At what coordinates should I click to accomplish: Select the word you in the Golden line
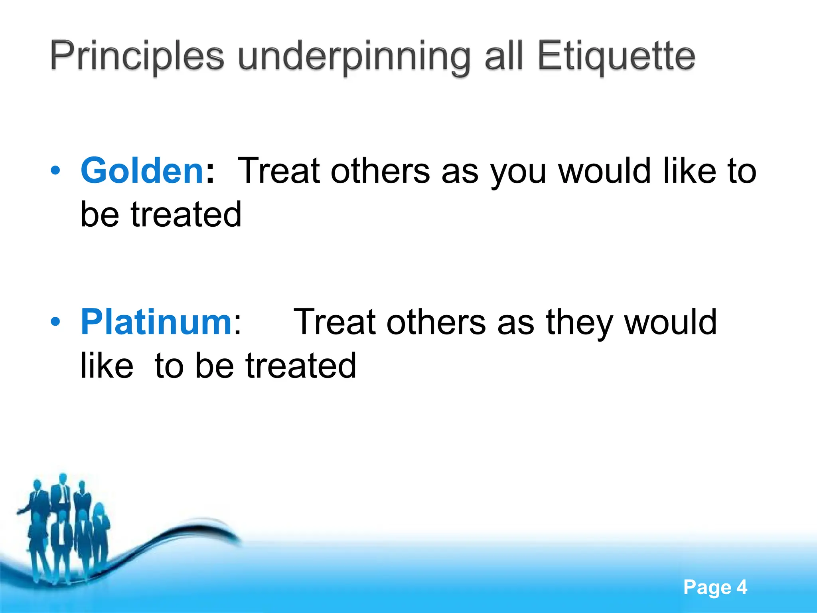pos(518,172)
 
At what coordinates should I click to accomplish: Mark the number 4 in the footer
pos(742,587)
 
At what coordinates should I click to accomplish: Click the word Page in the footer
pos(707,588)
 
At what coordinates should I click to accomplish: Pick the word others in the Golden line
pos(380,171)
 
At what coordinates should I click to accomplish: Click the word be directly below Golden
pos(100,214)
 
